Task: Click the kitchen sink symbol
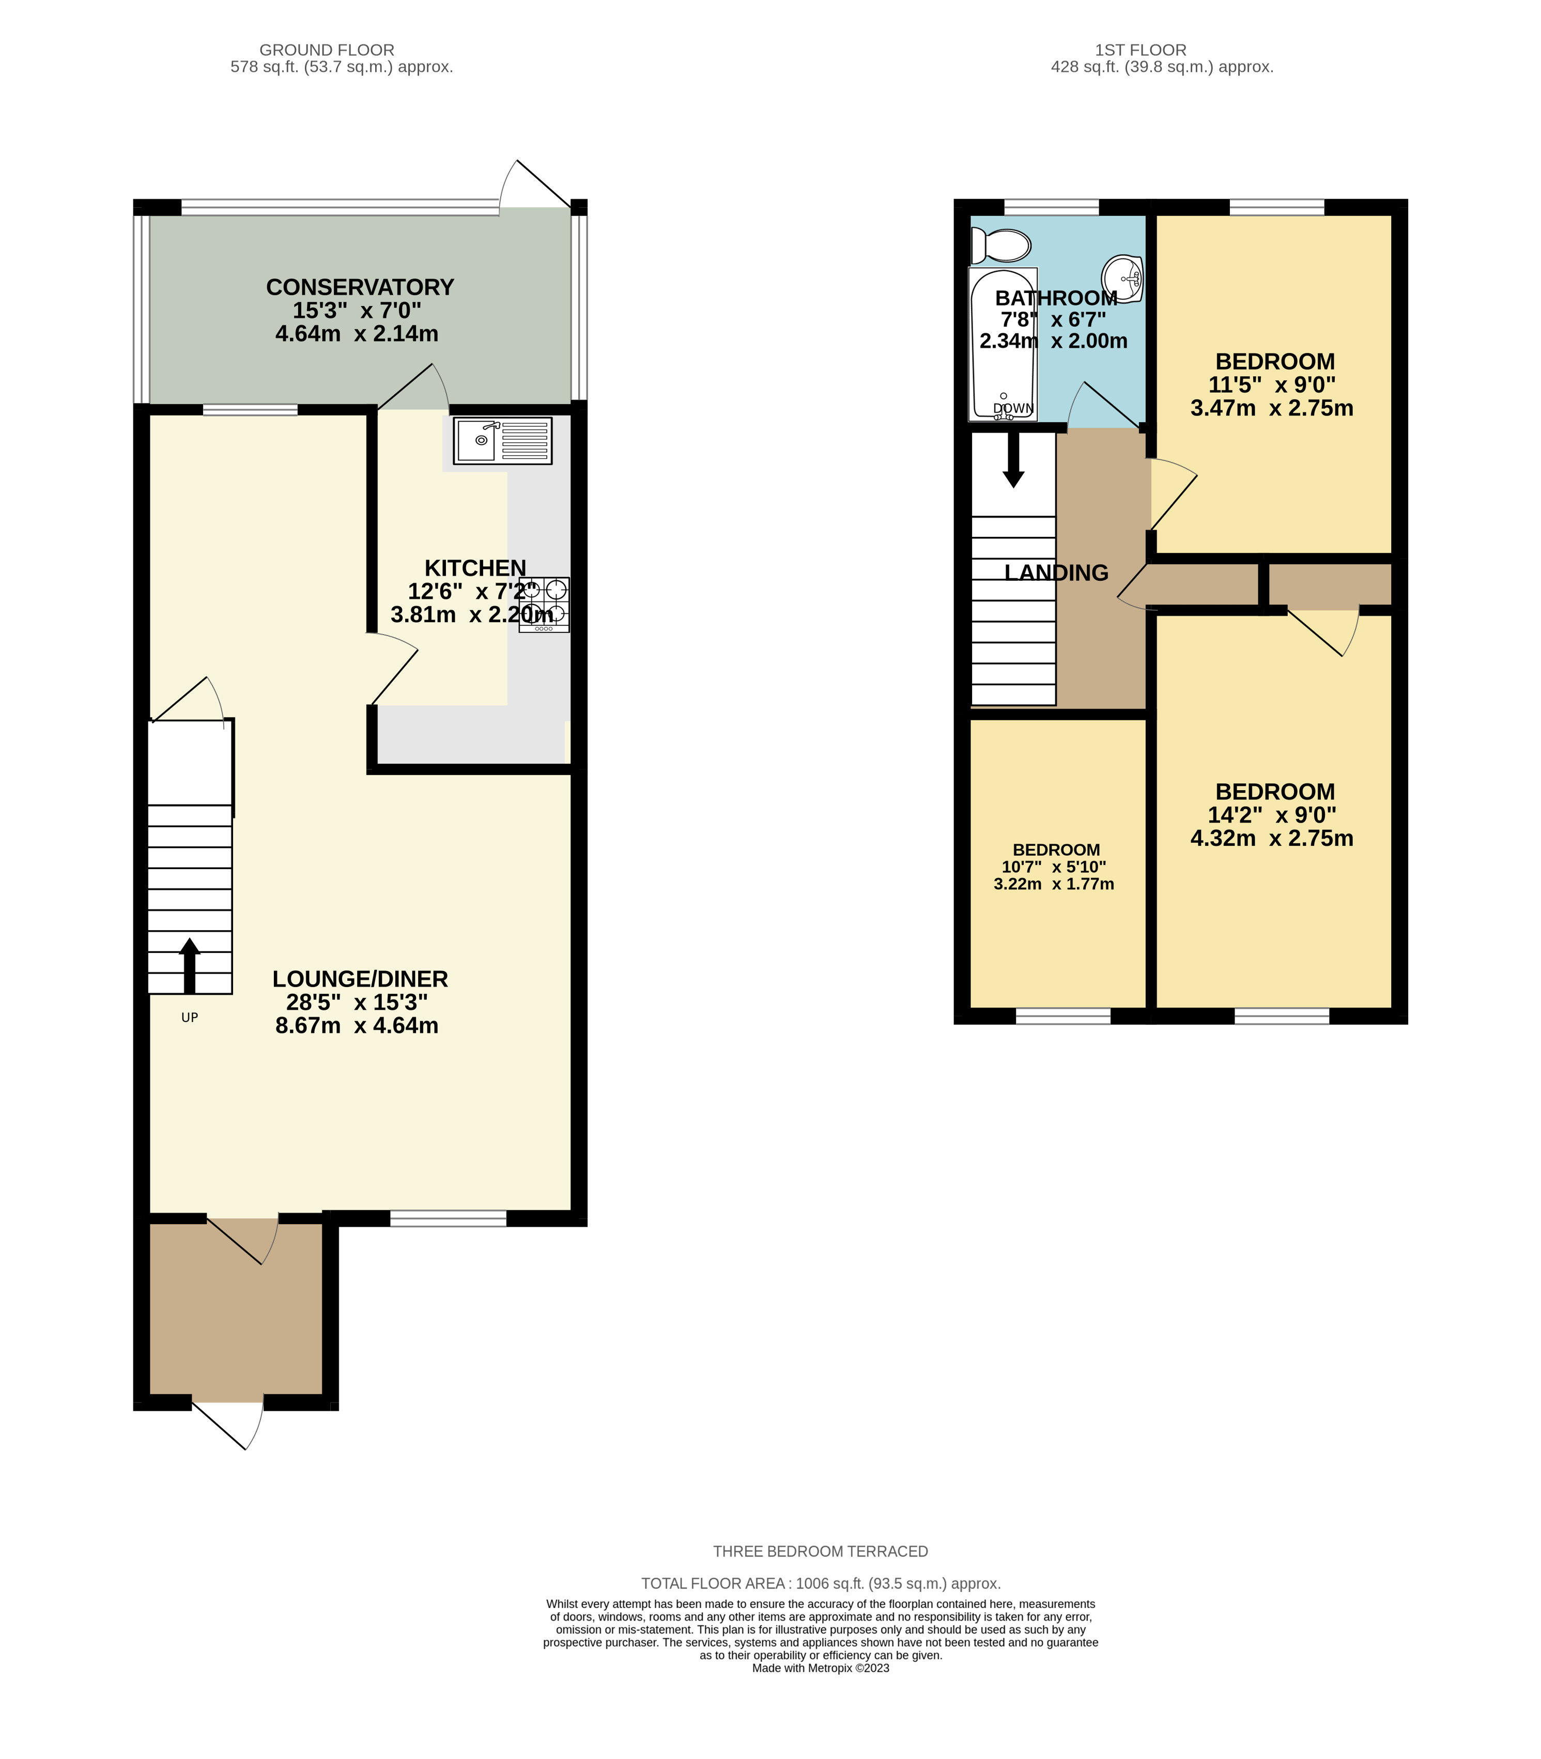(502, 440)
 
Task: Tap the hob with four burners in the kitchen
(544, 605)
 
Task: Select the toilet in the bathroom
(1000, 246)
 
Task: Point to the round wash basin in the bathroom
(1123, 277)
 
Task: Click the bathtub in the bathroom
(1002, 344)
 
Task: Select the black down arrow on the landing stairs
(1014, 459)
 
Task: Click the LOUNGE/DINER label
(360, 978)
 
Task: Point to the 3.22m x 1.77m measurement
(1053, 884)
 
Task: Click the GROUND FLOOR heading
(327, 50)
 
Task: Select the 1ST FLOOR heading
(1141, 50)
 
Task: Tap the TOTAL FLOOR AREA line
(821, 1583)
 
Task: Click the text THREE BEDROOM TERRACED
(821, 1551)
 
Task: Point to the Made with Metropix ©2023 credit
(821, 1667)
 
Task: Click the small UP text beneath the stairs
(189, 1017)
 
